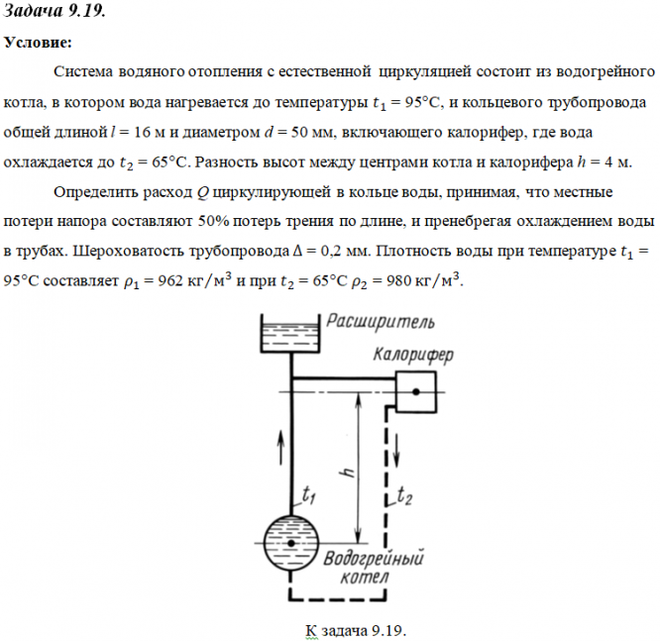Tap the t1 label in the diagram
coord(309,492)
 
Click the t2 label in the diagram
coord(404,495)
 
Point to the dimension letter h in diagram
coord(348,474)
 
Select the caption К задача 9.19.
coord(359,630)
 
